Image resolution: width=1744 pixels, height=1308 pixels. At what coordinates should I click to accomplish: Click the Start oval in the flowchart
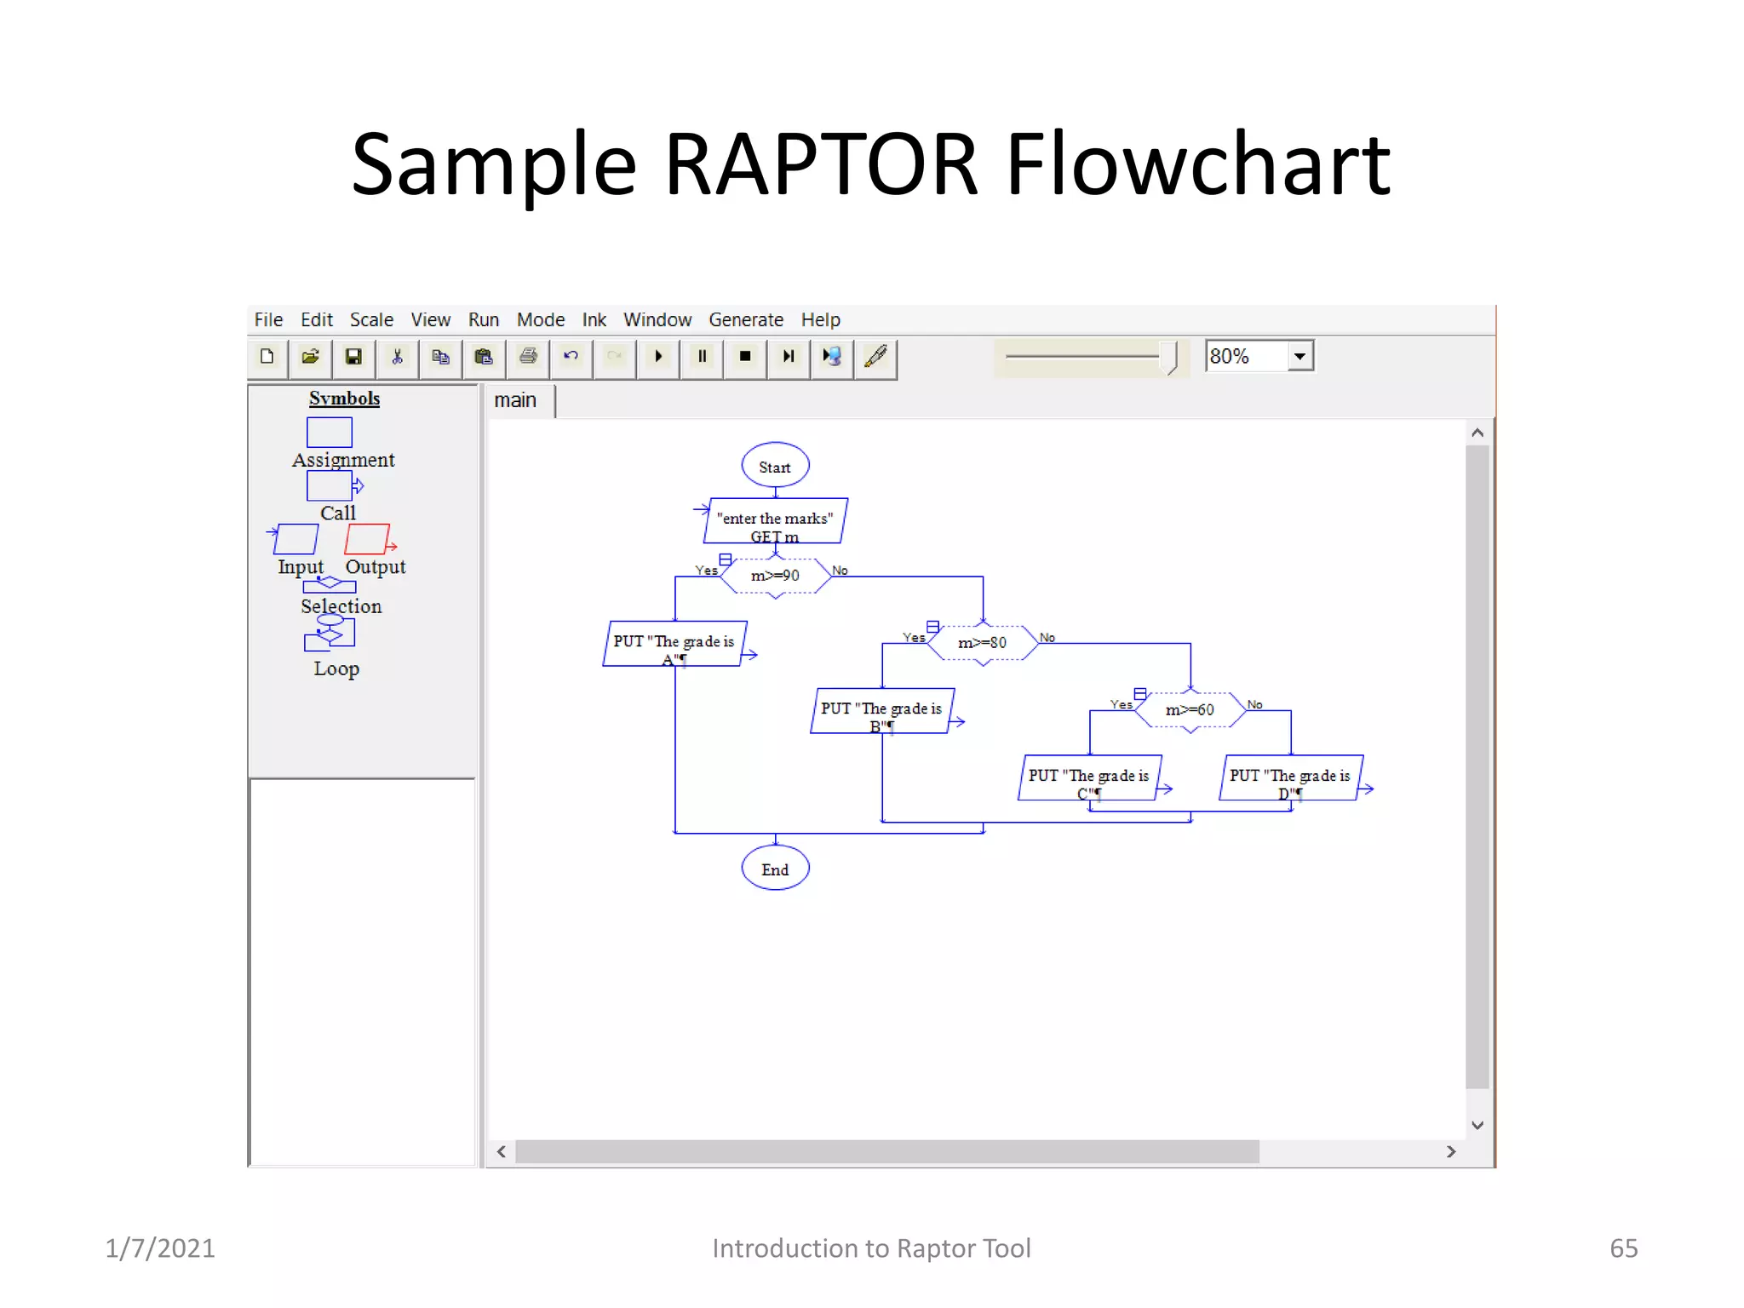pyautogui.click(x=775, y=467)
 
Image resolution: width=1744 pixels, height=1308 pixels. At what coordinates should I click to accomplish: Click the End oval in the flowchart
pyautogui.click(x=775, y=869)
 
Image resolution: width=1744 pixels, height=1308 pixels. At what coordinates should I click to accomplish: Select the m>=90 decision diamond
pyautogui.click(x=775, y=576)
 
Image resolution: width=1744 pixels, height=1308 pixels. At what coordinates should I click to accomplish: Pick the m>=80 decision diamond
pyautogui.click(x=982, y=643)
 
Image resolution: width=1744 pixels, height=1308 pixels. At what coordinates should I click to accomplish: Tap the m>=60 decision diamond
pyautogui.click(x=1190, y=709)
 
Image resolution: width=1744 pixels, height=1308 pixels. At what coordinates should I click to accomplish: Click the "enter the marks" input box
pyautogui.click(x=775, y=520)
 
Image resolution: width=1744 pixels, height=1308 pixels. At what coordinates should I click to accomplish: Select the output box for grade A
pyautogui.click(x=674, y=644)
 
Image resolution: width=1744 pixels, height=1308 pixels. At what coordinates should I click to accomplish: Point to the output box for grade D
pyautogui.click(x=1290, y=777)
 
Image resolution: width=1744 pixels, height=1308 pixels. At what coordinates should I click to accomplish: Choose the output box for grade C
pyautogui.click(x=1089, y=777)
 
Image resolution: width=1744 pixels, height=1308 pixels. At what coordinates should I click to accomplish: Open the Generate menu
pyautogui.click(x=745, y=320)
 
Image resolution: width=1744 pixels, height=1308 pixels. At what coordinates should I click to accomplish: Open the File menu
pyautogui.click(x=268, y=320)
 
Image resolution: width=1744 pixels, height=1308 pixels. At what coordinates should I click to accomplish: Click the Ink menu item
pyautogui.click(x=594, y=320)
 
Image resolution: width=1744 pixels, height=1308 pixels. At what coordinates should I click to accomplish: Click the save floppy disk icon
pyautogui.click(x=353, y=357)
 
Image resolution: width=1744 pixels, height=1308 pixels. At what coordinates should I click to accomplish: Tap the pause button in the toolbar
pyautogui.click(x=702, y=357)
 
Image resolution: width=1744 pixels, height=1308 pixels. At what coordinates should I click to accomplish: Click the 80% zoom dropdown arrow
pyautogui.click(x=1299, y=357)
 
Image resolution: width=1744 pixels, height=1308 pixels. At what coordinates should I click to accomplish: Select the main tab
pyautogui.click(x=515, y=400)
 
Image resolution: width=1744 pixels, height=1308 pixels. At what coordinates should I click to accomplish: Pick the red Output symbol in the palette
pyautogui.click(x=368, y=539)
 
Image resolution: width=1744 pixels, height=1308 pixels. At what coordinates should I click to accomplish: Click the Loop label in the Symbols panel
pyautogui.click(x=336, y=669)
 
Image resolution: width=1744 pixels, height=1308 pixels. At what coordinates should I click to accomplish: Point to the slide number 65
pyautogui.click(x=1623, y=1248)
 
